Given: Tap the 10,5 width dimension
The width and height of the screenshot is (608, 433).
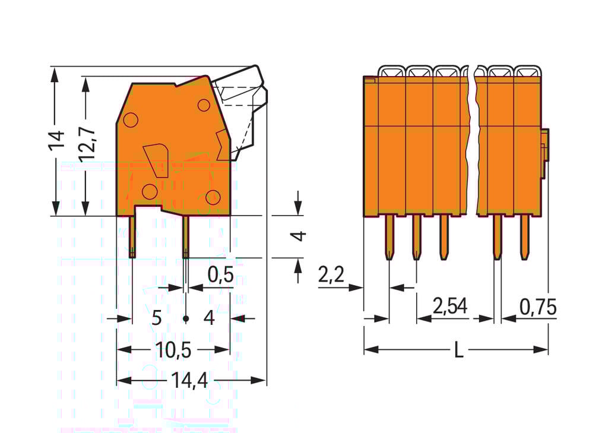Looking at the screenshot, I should coord(173,350).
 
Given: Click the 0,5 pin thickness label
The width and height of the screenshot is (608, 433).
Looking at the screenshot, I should coord(220,275).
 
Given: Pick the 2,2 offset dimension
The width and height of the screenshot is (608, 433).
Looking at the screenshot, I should coord(331,275).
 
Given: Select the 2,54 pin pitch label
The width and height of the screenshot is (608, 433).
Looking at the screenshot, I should coord(450,306).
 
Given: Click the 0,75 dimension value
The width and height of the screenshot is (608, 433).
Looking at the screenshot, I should coord(537,307).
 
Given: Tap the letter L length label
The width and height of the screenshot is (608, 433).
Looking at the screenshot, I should coord(458,350).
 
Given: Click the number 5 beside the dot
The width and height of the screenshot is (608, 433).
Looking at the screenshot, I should coord(156,318).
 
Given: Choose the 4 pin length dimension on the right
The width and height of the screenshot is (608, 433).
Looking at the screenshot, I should coord(301,236).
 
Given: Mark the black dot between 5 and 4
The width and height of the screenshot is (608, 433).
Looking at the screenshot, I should coord(186,319).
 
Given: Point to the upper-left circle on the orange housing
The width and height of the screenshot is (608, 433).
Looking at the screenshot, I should coord(131,120).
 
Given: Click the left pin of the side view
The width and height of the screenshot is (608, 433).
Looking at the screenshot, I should coord(132,236).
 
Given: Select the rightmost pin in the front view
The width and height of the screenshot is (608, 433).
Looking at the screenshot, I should coord(524,236).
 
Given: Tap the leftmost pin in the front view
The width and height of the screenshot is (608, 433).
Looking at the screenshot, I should coord(389,236).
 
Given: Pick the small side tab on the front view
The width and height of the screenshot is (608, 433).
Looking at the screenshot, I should coord(544,153).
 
